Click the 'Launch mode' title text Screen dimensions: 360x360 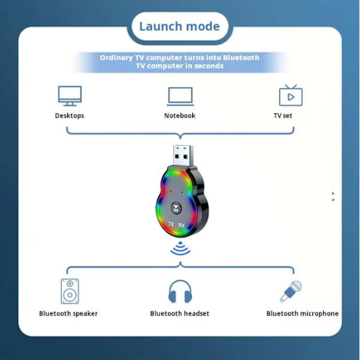pos(179,26)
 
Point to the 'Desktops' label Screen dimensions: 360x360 pos(70,115)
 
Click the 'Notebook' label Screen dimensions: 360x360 pos(180,115)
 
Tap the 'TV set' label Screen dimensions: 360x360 pos(283,115)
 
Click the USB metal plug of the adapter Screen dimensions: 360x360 pos(183,155)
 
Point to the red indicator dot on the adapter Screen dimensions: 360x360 pos(170,191)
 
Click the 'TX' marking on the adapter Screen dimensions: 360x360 pos(171,224)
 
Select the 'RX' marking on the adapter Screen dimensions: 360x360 pos(182,226)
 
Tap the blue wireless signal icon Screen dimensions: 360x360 pos(181,248)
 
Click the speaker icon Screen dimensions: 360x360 pos(70,291)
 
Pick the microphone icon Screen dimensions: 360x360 pos(290,291)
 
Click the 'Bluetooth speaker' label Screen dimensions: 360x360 pos(68,314)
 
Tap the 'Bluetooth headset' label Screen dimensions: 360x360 pos(180,314)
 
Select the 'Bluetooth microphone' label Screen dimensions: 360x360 pos(302,314)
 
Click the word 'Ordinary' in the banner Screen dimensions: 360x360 pos(116,58)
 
